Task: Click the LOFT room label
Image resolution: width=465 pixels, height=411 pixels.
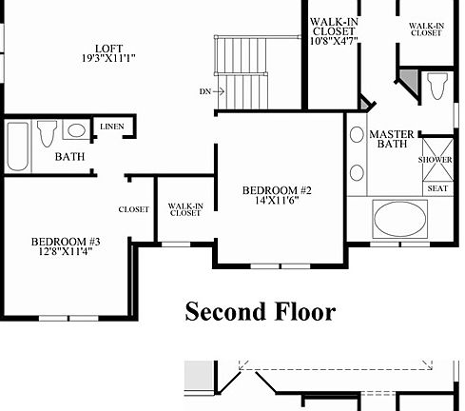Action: (x=108, y=49)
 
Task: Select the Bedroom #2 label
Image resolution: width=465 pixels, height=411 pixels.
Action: (x=278, y=189)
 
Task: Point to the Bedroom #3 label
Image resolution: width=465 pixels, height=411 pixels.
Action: (x=66, y=242)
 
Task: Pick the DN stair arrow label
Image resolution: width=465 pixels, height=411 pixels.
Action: (x=204, y=91)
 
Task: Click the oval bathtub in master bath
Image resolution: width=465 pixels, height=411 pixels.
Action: (x=399, y=219)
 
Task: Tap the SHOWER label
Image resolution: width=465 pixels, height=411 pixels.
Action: (x=435, y=160)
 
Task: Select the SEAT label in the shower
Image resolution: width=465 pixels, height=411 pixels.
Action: (x=436, y=188)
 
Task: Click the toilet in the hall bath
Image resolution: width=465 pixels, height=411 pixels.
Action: (x=46, y=132)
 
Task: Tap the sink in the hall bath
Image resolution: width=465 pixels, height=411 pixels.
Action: (x=76, y=130)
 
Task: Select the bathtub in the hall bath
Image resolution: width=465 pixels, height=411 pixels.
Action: (x=16, y=145)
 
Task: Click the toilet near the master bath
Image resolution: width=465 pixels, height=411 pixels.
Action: (x=436, y=86)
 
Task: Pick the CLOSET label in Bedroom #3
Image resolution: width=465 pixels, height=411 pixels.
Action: (x=133, y=209)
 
